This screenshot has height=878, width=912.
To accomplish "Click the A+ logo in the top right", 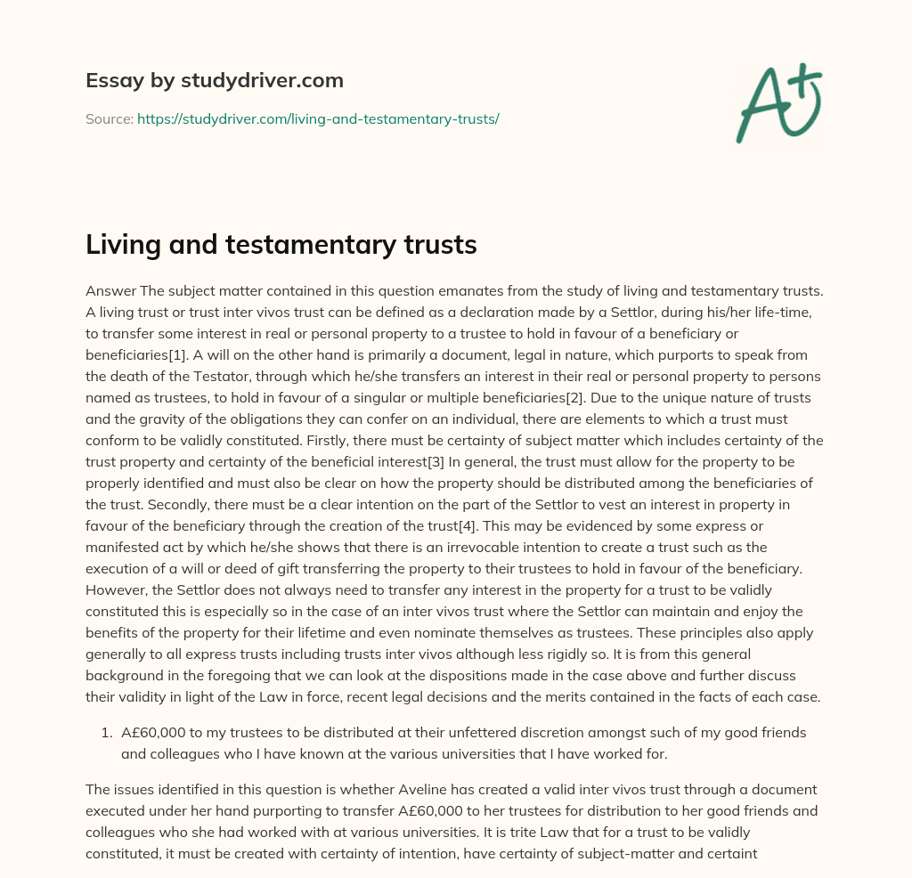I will point(778,103).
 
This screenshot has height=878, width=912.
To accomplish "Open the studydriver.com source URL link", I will point(317,118).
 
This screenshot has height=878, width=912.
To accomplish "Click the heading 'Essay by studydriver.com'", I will point(214,80).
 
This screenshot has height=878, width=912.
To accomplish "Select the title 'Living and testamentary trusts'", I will point(281,246).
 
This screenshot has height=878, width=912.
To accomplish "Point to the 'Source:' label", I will point(109,118).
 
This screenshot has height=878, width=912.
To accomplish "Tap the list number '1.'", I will point(106,733).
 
